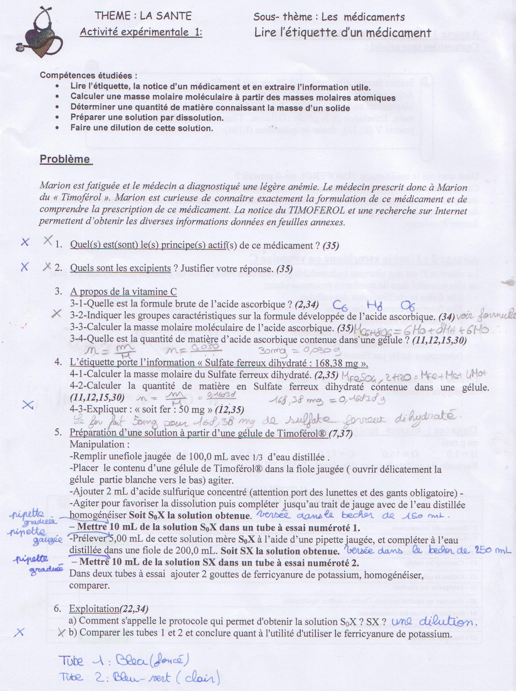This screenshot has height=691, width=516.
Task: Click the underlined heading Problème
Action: tap(65, 159)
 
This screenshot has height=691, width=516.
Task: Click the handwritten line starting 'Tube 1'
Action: tap(121, 662)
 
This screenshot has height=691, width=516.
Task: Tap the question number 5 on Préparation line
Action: tap(58, 433)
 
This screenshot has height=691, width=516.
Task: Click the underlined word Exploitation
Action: tap(94, 609)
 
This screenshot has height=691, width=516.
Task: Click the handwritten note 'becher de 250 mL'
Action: tap(473, 550)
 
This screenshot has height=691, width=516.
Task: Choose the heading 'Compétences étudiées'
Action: tap(88, 76)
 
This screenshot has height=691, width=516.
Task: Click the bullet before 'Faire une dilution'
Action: tap(57, 128)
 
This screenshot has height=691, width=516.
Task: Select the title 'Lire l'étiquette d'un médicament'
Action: tap(343, 33)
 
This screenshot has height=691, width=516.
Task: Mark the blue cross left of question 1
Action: tap(25, 242)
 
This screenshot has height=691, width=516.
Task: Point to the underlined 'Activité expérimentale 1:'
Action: tap(141, 32)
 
